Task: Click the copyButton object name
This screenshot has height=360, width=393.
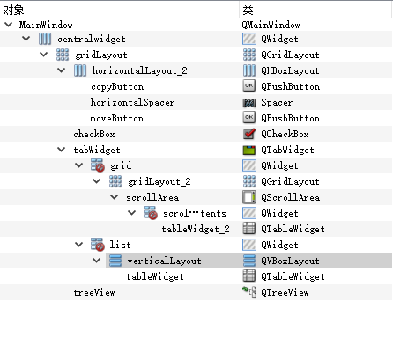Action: pos(117,86)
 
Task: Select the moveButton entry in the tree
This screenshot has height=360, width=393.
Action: pos(117,118)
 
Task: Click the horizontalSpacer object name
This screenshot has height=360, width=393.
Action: pos(132,102)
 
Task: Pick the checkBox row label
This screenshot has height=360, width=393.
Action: pos(94,134)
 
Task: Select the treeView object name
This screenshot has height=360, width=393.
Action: pos(94,292)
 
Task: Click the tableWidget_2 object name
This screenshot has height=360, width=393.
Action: pos(196,229)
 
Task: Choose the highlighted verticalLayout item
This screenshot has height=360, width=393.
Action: pos(164,261)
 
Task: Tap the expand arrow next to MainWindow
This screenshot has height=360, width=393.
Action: pos(9,25)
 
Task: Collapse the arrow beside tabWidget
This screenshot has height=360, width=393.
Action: pos(61,150)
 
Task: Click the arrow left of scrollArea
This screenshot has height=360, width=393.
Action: pos(114,197)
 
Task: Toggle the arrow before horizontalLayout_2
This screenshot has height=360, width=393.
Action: pos(61,70)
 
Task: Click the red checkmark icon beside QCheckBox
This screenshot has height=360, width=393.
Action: pos(249,134)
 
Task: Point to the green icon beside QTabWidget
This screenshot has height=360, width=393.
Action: pos(249,150)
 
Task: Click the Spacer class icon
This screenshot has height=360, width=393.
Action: pos(249,103)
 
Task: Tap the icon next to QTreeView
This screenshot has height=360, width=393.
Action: pos(249,292)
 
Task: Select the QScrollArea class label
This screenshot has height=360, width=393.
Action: pos(290,197)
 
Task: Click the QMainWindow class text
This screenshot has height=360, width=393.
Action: pos(271,25)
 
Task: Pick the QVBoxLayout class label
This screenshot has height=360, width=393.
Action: pos(290,261)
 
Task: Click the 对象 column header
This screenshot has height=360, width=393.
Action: pos(13,11)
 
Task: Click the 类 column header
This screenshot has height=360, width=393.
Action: pos(248,11)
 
